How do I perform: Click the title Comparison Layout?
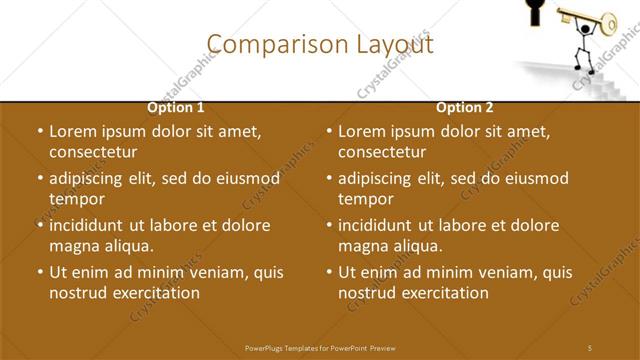(320, 44)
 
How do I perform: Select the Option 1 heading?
(176, 107)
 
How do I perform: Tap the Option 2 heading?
(465, 107)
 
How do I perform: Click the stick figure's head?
(583, 30)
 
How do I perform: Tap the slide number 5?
(590, 347)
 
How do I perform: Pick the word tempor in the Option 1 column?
(77, 199)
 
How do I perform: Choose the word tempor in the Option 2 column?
(366, 199)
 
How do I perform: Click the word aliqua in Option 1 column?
(129, 246)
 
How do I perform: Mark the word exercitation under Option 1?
(154, 293)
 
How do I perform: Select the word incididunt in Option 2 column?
(380, 226)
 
